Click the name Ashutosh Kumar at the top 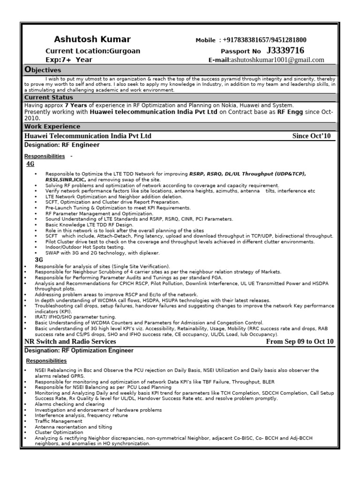click(92, 39)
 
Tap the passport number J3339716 click(285, 50)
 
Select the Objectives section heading click(43, 70)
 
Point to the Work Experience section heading click(52, 127)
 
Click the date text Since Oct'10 click(311, 136)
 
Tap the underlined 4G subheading click(30, 164)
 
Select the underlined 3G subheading click(39, 259)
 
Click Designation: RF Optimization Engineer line click(79, 351)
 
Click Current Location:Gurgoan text click(92, 51)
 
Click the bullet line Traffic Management click(58, 421)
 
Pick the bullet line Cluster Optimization click(58, 433)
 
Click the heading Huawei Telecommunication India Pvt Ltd click(88, 136)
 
